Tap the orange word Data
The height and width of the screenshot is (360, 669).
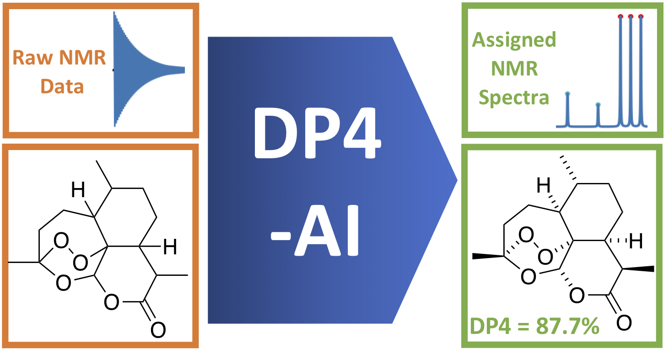tap(62, 86)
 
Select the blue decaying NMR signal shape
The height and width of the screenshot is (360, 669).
tap(148, 69)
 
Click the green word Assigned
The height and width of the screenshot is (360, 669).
tap(514, 40)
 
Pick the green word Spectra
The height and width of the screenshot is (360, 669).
tap(514, 97)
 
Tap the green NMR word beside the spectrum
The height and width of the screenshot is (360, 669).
tap(514, 69)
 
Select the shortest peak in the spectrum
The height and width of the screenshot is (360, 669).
tap(598, 115)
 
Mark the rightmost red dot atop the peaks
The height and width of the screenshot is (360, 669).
tap(641, 16)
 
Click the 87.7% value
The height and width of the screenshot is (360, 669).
tap(567, 326)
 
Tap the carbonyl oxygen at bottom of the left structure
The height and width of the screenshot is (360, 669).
tap(158, 329)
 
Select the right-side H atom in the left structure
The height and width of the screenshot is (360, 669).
tap(170, 247)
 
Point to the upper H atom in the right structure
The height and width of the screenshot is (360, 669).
tap(543, 185)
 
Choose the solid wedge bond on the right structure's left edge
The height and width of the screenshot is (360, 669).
tap(488, 256)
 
